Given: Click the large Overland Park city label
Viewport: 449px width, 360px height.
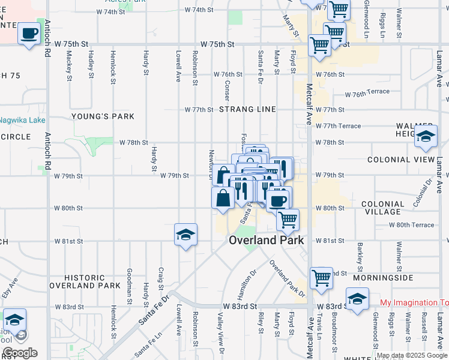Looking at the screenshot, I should pyautogui.click(x=266, y=240).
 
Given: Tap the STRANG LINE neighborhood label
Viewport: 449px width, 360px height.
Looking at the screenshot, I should pyautogui.click(x=247, y=110).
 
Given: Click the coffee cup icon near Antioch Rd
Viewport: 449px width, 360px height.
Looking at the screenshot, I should pyautogui.click(x=28, y=34).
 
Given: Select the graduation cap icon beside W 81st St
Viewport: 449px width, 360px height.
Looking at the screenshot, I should pyautogui.click(x=185, y=235).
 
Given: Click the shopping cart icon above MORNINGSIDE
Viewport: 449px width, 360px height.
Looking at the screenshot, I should pyautogui.click(x=321, y=277).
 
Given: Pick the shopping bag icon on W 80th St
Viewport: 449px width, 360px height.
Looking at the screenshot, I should pyautogui.click(x=222, y=197).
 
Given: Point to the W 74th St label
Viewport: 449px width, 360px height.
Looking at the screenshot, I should pyautogui.click(x=199, y=11).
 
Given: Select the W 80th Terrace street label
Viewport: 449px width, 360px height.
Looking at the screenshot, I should pyautogui.click(x=411, y=225).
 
